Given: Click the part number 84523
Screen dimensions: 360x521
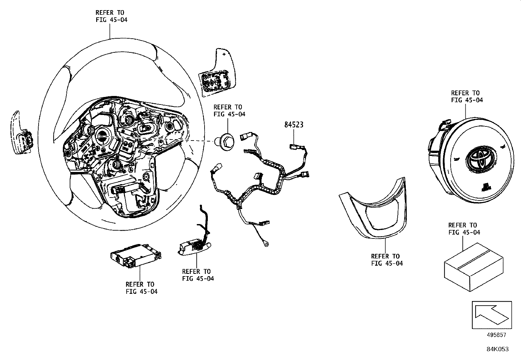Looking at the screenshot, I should pyautogui.click(x=294, y=125).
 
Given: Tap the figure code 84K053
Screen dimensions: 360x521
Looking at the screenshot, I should pyautogui.click(x=497, y=349).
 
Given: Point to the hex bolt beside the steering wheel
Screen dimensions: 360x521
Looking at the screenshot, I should pyautogui.click(x=226, y=143).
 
